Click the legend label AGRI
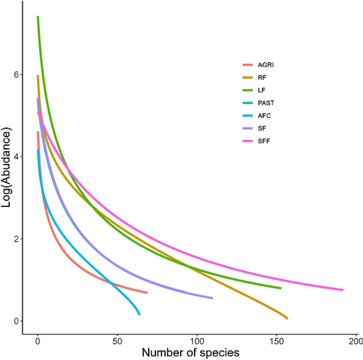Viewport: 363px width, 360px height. coord(266,65)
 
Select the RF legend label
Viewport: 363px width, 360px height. coord(262,78)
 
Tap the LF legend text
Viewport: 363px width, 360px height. coord(262,90)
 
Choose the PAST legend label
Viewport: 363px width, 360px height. coord(266,103)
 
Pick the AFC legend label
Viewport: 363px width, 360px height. coord(264,115)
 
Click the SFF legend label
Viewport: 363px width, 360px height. coord(264,141)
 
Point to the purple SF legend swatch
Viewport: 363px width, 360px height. coord(247,128)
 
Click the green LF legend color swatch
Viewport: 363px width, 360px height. coord(247,90)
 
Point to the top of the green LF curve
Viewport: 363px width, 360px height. coord(38,17)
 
